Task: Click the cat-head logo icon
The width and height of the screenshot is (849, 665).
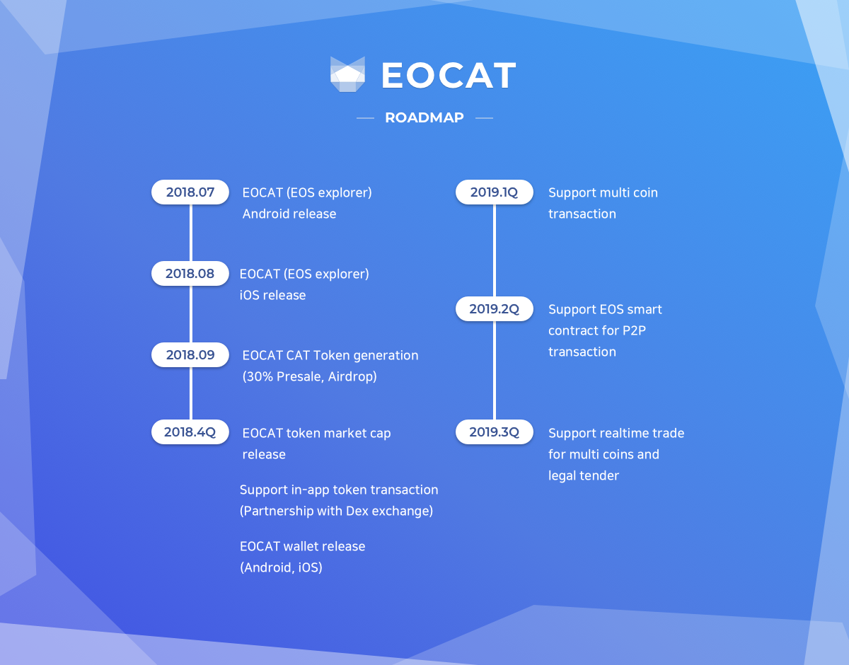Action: coord(347,74)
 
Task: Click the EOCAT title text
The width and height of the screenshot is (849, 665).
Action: coord(449,75)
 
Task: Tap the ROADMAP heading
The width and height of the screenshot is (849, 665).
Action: coord(424,117)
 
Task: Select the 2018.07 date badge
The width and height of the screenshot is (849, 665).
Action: coord(190,192)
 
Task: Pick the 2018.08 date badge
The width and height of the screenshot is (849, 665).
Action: coord(190,273)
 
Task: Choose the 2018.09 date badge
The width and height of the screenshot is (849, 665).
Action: coord(190,354)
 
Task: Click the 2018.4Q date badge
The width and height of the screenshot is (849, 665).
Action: coord(190,432)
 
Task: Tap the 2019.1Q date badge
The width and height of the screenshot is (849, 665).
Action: coord(495,192)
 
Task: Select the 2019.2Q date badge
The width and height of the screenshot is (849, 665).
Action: coord(495,309)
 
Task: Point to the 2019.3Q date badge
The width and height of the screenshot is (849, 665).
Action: coord(495,432)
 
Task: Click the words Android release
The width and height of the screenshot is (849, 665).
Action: coord(289,214)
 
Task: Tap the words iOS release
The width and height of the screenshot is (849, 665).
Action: coord(272,295)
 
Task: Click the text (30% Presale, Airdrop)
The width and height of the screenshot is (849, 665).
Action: coord(309,376)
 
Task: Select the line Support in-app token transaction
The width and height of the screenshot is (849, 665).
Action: coord(339,490)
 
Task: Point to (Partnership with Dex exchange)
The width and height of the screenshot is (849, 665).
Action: coord(336,511)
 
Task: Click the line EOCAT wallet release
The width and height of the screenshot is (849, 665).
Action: coord(302,546)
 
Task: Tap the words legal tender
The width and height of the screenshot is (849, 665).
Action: coord(584,475)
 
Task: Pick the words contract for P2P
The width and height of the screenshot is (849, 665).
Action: coord(597,330)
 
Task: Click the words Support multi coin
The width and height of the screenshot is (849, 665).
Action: coord(603,192)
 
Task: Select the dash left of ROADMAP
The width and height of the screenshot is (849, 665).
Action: coord(365,118)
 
